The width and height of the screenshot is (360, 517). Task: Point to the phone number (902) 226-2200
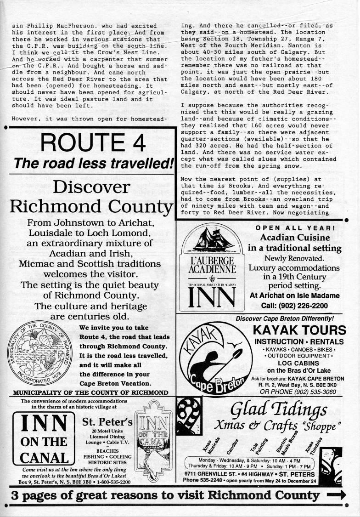[x=301, y=305]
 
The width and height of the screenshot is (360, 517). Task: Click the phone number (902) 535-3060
[x=313, y=392]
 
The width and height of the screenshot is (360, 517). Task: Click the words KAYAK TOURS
[x=299, y=330]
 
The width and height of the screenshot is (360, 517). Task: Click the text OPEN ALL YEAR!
[x=295, y=227]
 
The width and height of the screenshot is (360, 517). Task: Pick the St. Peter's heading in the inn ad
[x=107, y=421]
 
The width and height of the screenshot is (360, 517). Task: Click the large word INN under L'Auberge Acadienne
[x=212, y=298]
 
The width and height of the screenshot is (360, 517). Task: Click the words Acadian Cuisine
[x=295, y=238]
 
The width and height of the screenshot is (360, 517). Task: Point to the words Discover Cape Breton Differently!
[x=285, y=318]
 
